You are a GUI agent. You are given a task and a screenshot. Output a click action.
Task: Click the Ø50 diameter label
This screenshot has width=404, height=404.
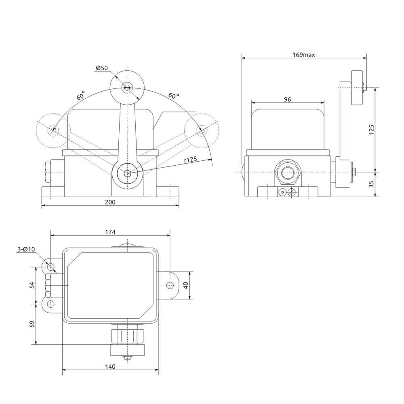(102, 68)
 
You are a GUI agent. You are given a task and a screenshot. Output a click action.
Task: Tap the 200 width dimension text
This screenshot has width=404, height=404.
(110, 202)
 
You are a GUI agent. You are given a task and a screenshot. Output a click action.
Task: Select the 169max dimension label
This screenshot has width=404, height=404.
(303, 55)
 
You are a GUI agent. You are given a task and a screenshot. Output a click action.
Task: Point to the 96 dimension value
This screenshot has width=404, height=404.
(287, 99)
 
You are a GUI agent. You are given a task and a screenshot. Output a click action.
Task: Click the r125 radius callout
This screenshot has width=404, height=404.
(191, 160)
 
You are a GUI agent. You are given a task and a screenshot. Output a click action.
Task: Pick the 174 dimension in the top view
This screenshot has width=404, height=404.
(110, 232)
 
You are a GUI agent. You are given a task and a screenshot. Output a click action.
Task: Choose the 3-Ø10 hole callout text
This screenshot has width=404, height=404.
(26, 249)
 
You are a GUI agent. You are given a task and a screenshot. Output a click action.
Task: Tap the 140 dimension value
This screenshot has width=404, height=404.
(110, 367)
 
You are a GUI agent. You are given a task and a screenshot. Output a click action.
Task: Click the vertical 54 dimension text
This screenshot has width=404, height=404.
(32, 285)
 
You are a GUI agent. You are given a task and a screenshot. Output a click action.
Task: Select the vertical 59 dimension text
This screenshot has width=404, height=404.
(32, 324)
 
